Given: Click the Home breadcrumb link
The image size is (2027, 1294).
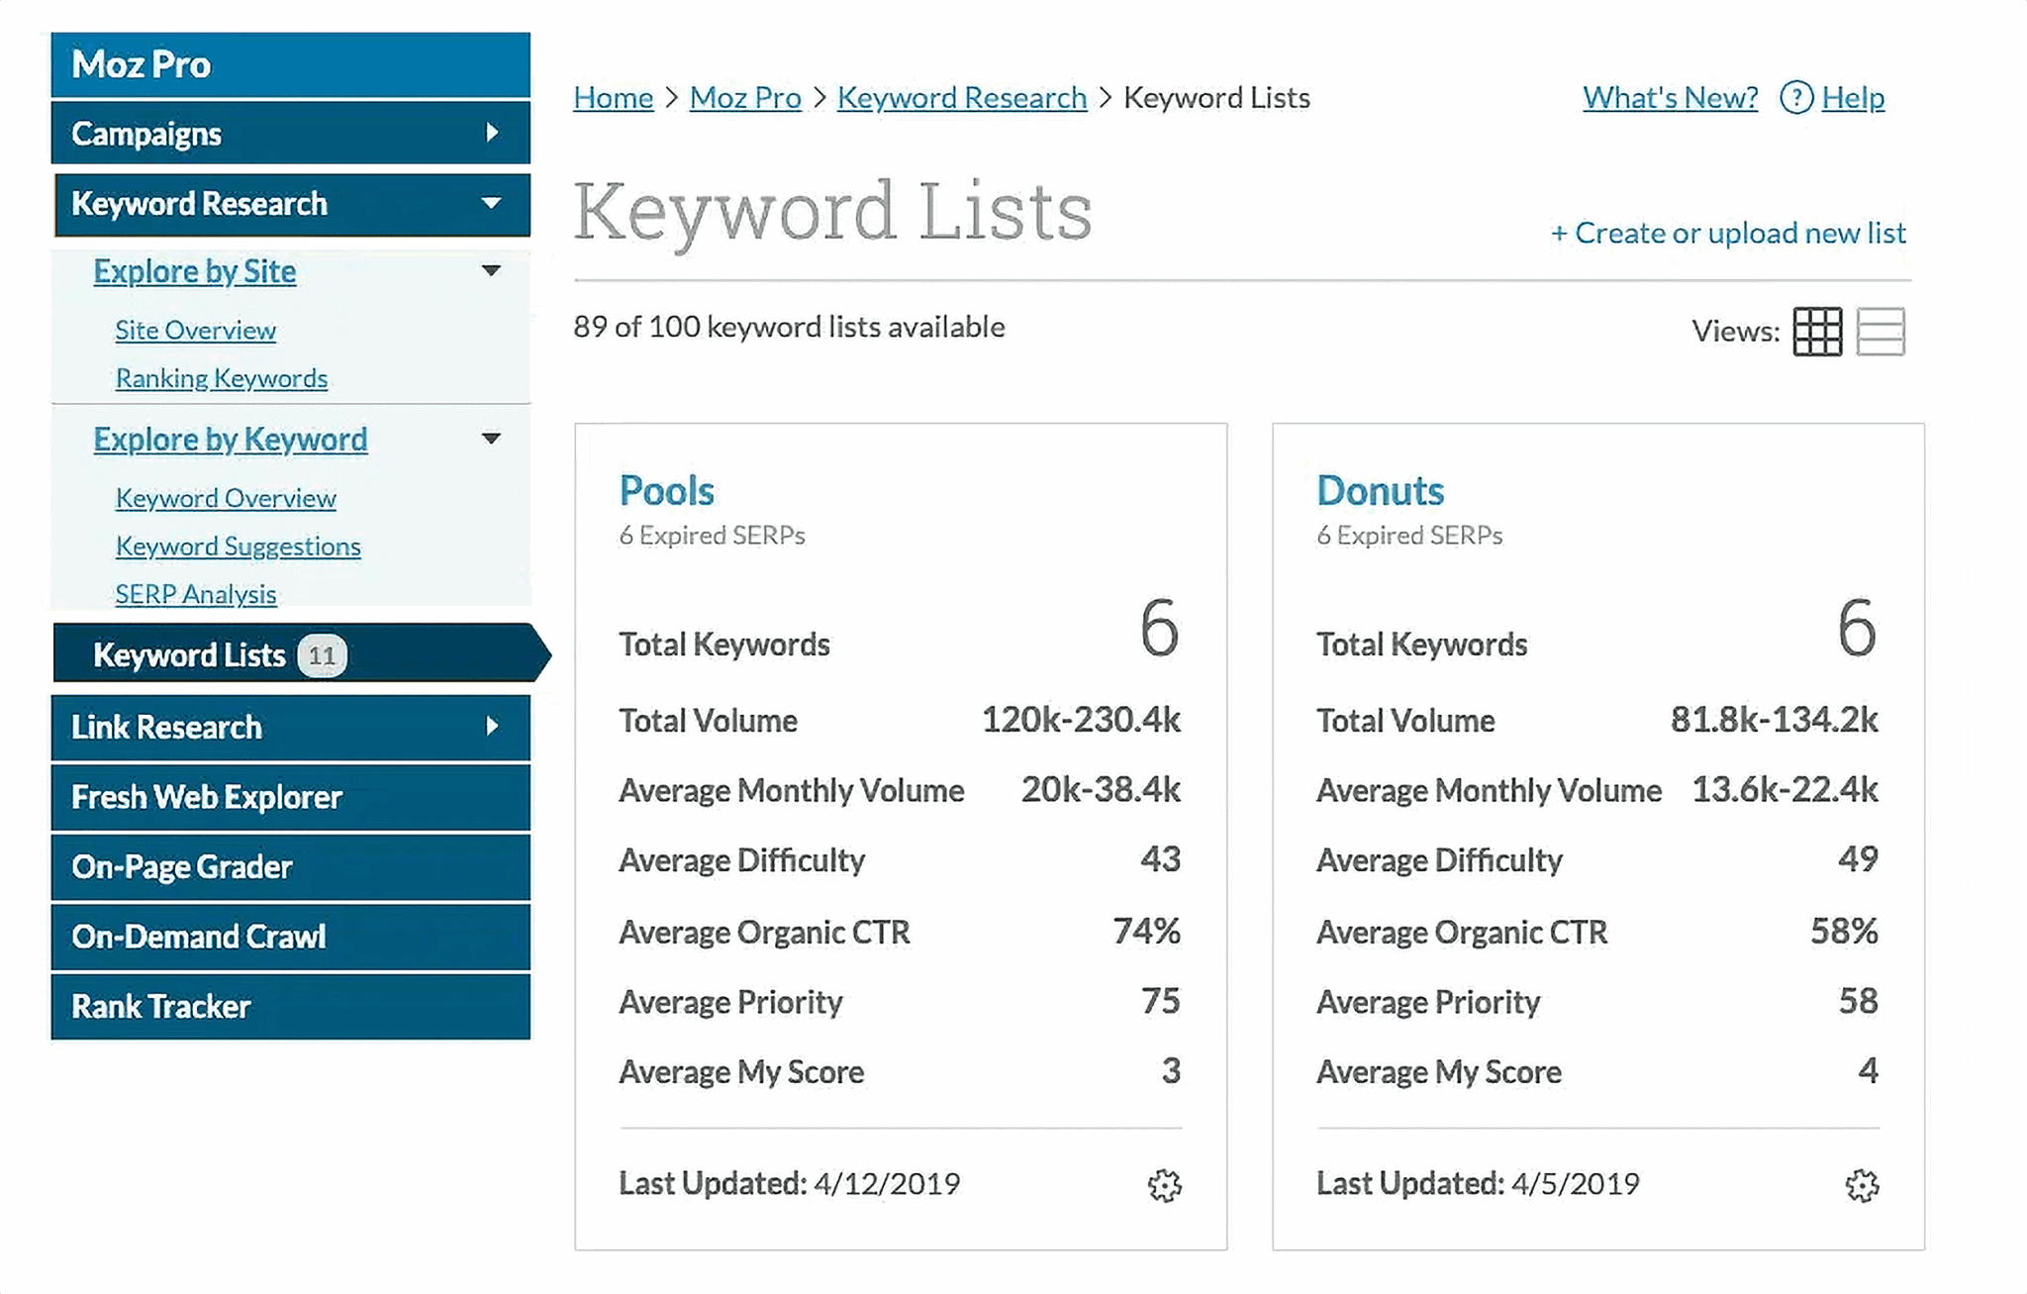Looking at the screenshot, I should (613, 98).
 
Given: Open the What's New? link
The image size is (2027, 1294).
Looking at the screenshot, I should (1670, 98).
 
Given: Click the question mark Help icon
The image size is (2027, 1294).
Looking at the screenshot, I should (1795, 98).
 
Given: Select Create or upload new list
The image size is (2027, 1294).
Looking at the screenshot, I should (1728, 233).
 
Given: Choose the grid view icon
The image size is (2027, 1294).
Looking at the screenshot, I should (1817, 332).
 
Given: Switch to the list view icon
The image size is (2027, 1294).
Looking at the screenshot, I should (1881, 332).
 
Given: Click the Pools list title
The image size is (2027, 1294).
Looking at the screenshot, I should (666, 491).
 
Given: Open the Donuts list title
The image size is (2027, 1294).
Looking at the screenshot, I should (1380, 491).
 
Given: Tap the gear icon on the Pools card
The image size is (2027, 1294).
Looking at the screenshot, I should (1165, 1185).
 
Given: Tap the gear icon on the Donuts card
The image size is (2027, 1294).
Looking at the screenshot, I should (1862, 1185).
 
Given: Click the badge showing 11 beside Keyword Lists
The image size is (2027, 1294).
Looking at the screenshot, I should (322, 655).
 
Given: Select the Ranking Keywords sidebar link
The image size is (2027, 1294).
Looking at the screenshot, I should (221, 379).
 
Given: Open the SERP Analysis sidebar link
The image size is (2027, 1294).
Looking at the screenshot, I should (196, 594).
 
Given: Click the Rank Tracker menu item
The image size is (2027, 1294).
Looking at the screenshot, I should (161, 1007).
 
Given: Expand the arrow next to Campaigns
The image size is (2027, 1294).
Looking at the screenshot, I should (492, 133).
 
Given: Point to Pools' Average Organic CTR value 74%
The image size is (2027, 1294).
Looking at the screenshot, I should (1146, 931).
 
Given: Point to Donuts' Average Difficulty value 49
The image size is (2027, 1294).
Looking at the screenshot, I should (1857, 858).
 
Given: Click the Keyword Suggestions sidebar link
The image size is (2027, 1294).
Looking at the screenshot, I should (238, 547).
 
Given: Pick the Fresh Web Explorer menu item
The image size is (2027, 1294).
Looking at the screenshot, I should (207, 797).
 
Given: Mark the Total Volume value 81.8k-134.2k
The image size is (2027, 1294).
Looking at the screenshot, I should (1774, 720).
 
